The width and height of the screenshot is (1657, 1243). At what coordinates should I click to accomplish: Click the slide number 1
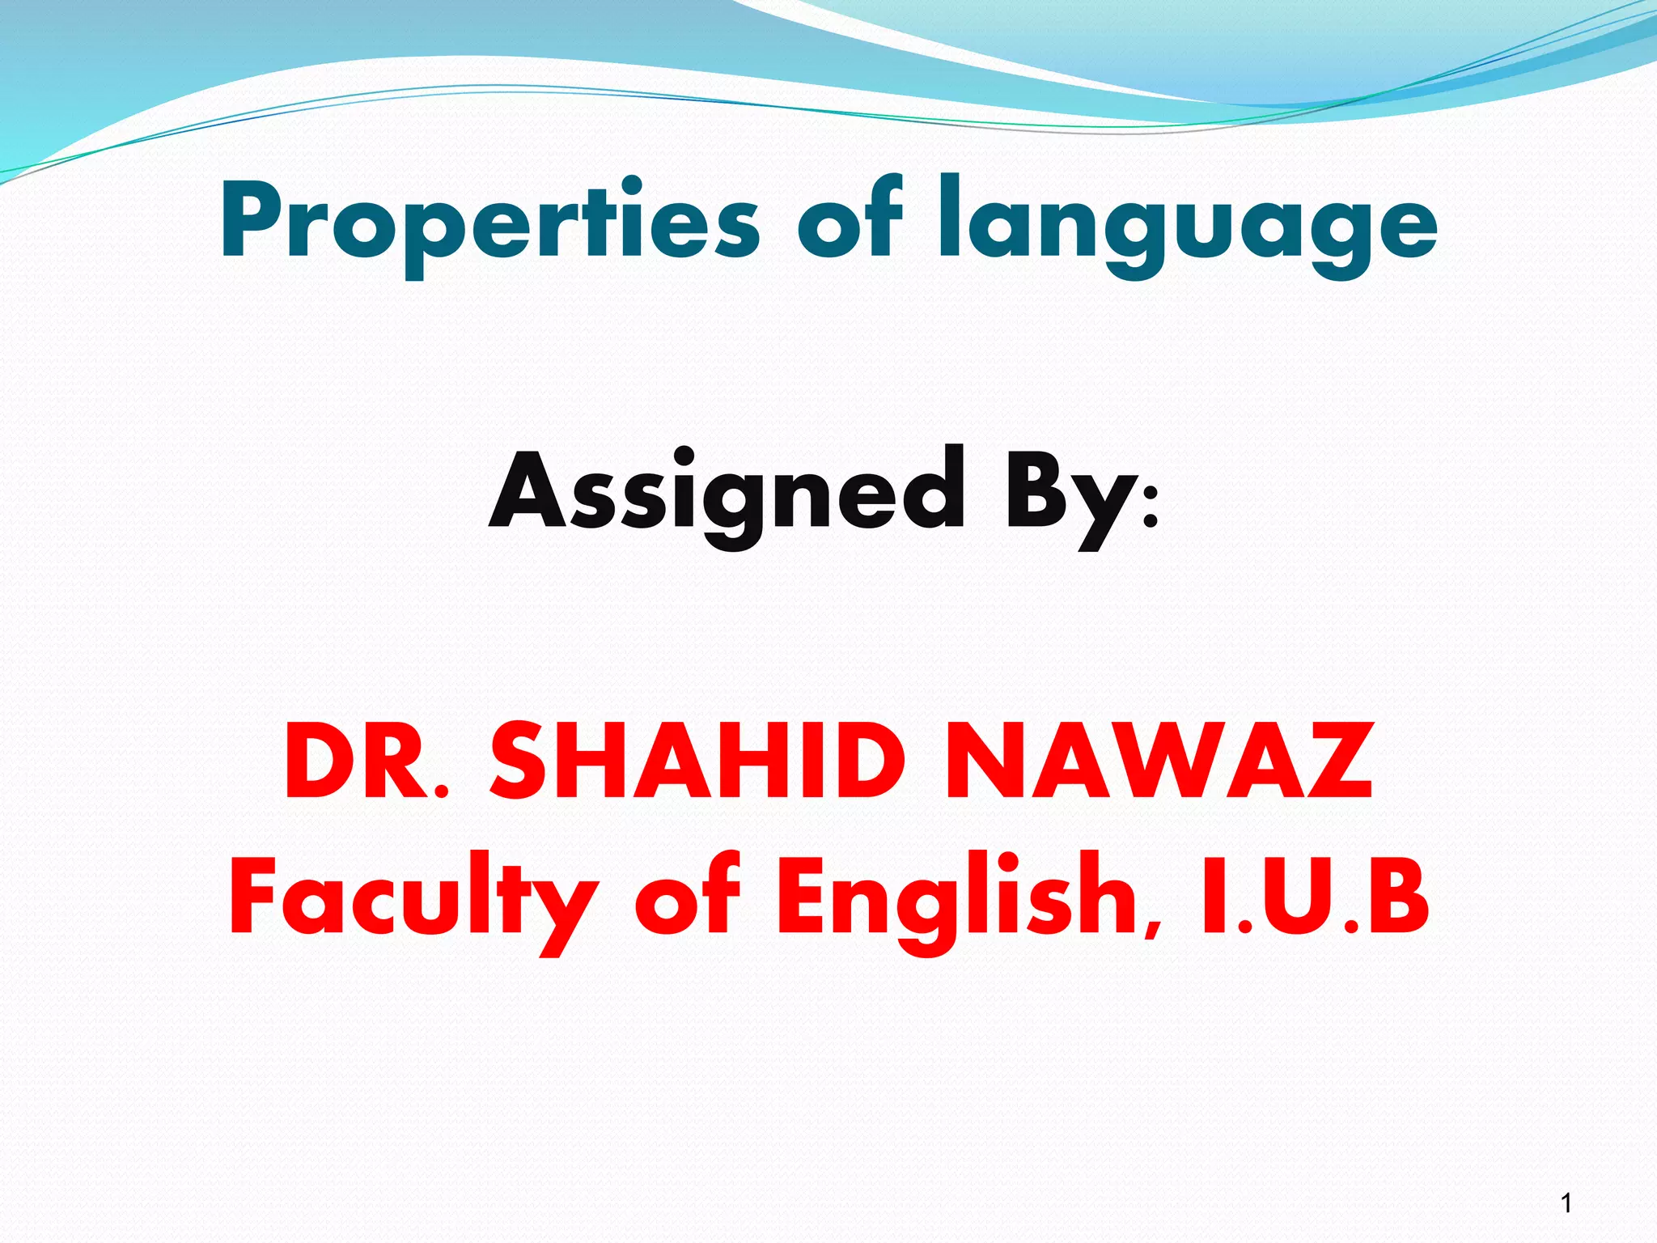(x=1566, y=1203)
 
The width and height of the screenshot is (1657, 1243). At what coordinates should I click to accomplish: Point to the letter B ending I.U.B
(x=1401, y=896)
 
